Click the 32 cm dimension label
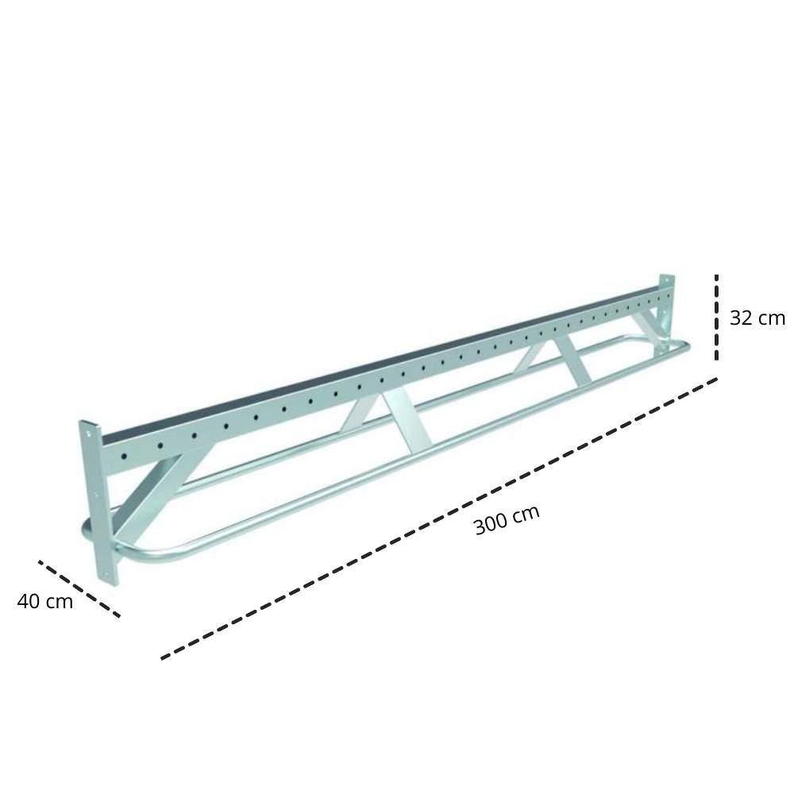point(757,318)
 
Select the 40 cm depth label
point(45,601)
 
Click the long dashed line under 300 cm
point(437,519)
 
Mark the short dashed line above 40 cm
point(79,588)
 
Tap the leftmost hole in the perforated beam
point(124,457)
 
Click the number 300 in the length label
point(489,525)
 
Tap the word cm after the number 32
point(770,318)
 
